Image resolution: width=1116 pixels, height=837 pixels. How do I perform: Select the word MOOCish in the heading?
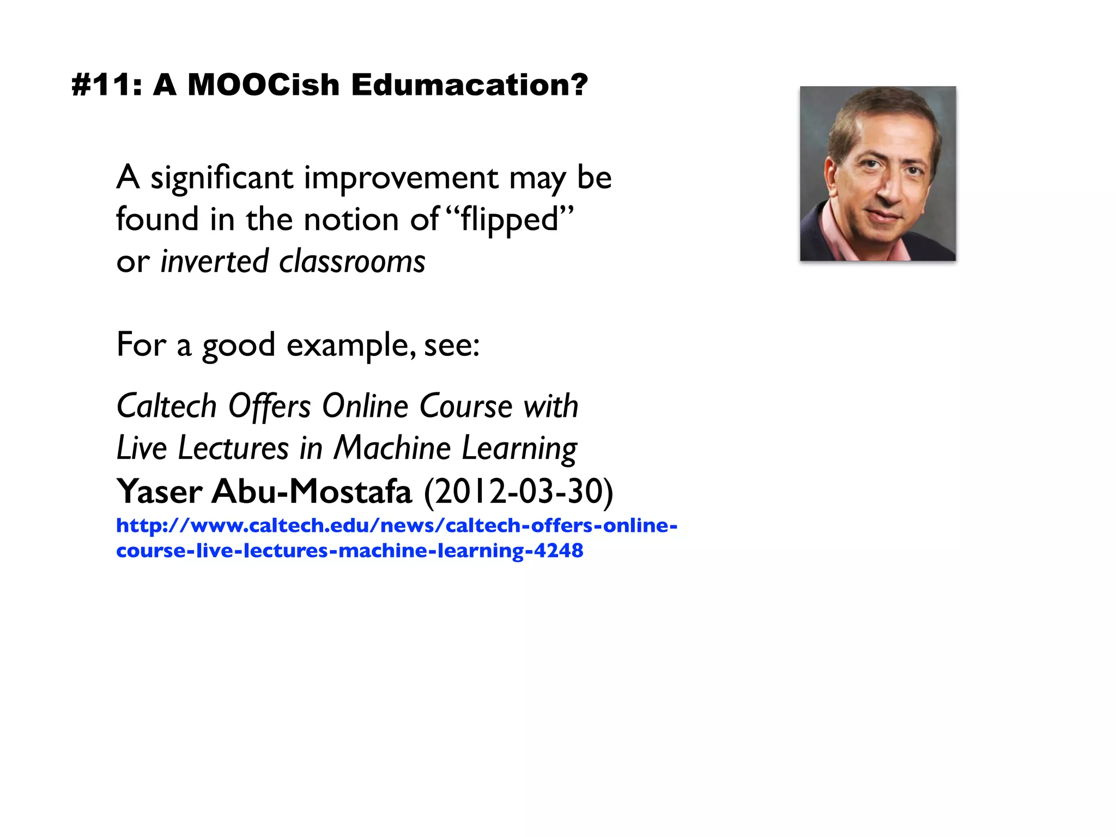(264, 85)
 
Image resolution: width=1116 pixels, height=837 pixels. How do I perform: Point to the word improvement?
(401, 178)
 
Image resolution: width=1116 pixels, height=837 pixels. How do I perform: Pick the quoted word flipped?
(510, 220)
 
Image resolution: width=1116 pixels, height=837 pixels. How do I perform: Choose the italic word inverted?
(215, 262)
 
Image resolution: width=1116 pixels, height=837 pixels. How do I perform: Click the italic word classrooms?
(352, 262)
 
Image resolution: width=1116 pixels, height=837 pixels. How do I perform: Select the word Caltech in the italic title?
(167, 407)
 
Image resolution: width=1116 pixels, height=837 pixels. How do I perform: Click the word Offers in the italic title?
(269, 407)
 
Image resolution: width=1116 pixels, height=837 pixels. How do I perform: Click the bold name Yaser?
(159, 492)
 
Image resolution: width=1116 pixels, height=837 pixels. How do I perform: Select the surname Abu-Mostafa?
(312, 492)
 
